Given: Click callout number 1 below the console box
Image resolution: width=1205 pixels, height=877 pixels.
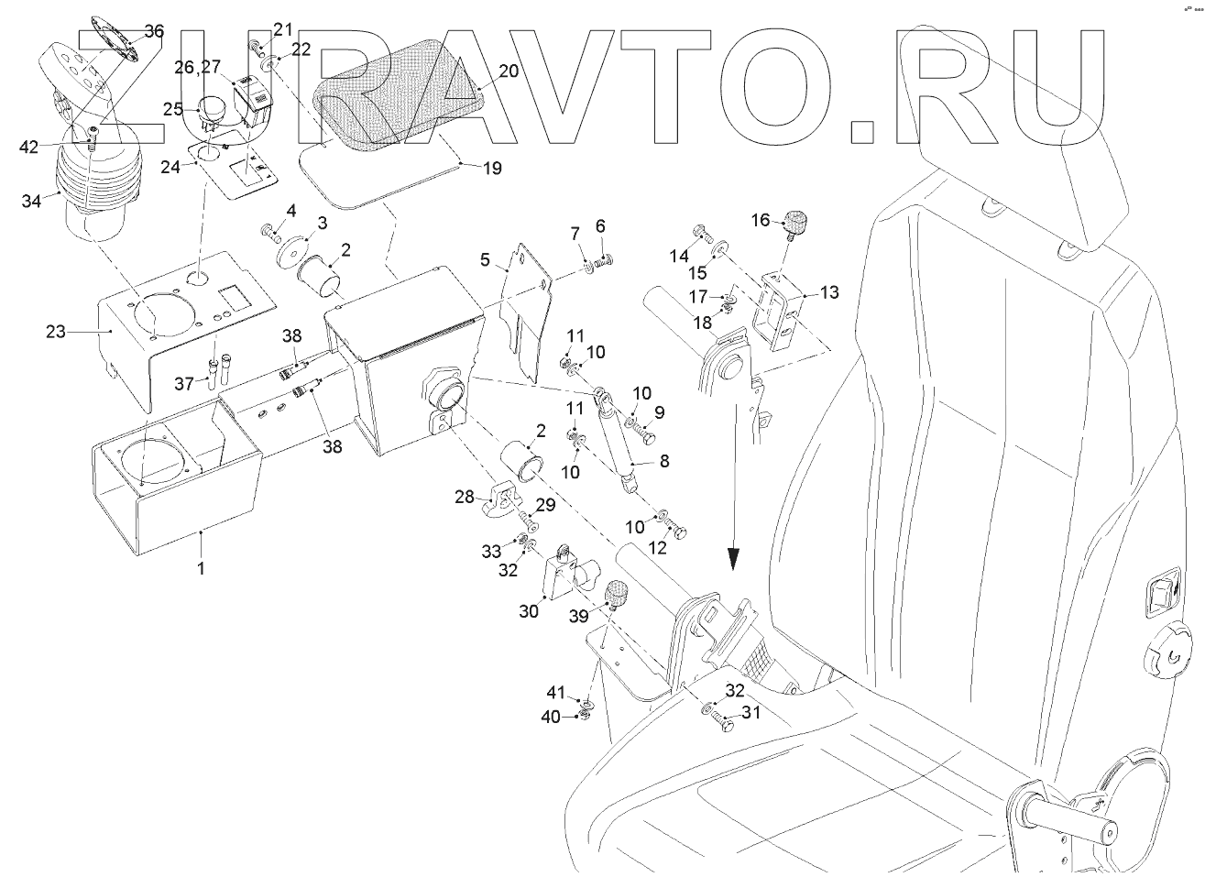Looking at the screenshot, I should pyautogui.click(x=202, y=568).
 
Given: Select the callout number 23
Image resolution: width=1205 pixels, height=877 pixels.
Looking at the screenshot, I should pyautogui.click(x=56, y=331).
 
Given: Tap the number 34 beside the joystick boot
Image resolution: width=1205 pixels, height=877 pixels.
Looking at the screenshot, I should pyautogui.click(x=31, y=201).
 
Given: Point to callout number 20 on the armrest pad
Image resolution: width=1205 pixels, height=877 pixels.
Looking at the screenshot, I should pyautogui.click(x=508, y=71).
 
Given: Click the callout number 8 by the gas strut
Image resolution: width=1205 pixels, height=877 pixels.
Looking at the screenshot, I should pyautogui.click(x=663, y=462).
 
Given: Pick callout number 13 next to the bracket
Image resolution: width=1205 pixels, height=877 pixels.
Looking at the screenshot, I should pyautogui.click(x=829, y=292).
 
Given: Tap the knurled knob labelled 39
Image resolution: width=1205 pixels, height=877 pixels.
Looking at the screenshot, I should pyautogui.click(x=617, y=599).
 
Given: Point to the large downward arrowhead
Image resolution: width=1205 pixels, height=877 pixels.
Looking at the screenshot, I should pyautogui.click(x=732, y=558).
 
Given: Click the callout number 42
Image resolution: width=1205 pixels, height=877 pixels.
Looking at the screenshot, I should pyautogui.click(x=30, y=146).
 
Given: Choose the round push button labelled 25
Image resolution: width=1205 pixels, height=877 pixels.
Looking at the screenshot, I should pyautogui.click(x=214, y=107).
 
